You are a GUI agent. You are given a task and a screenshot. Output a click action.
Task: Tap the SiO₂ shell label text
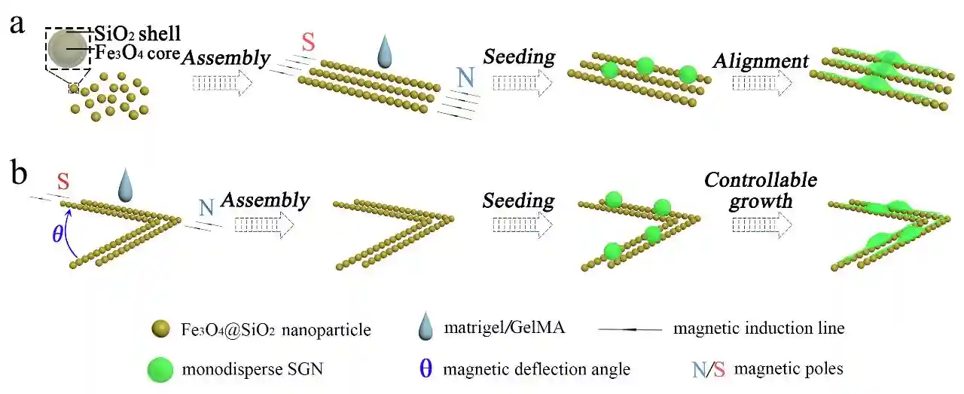coord(137,34)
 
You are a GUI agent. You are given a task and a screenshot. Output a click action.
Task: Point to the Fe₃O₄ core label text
coord(139,53)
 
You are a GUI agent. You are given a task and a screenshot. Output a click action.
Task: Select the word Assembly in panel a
coord(226,57)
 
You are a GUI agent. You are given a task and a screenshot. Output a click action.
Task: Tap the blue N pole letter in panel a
coord(467,77)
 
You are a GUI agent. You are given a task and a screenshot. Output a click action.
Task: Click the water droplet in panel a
coord(385,54)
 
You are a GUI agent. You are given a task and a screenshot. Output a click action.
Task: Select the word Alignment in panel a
coord(762,61)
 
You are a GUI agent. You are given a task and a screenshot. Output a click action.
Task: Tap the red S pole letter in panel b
coord(64,181)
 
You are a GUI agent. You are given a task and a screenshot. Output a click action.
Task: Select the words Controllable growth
coord(760,190)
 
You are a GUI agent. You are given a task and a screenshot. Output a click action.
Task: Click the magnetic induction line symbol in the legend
coord(630,329)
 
